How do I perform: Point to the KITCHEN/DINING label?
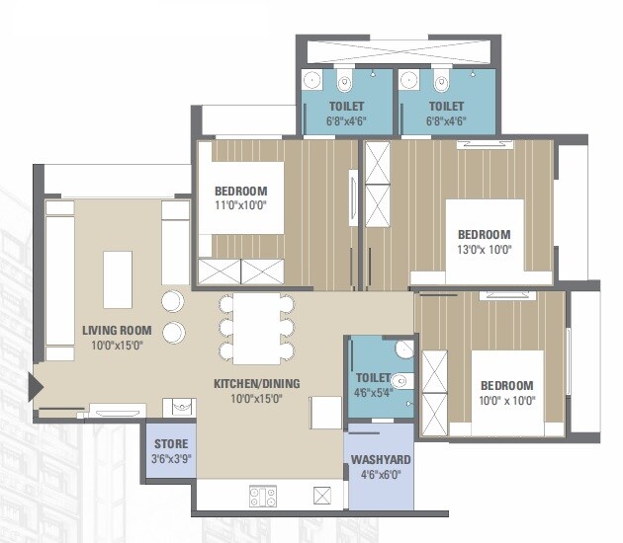[256, 384]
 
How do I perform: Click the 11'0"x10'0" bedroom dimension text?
[240, 206]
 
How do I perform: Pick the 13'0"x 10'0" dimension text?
[484, 250]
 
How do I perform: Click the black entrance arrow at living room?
[37, 387]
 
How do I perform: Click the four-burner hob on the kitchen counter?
[263, 497]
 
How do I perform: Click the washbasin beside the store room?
[180, 406]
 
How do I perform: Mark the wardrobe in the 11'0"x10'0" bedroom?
[241, 271]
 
